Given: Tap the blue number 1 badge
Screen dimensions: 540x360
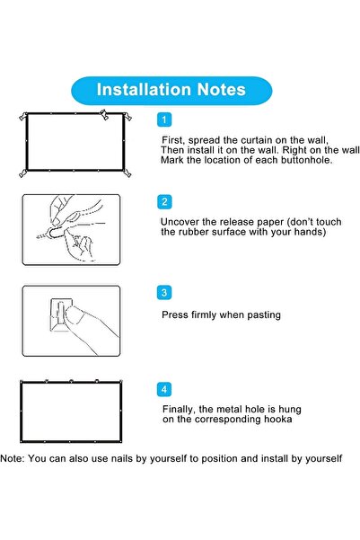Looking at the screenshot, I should click(163, 120).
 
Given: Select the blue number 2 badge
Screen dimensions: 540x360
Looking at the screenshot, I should click(163, 201).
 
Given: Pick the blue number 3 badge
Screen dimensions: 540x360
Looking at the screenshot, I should click(163, 292).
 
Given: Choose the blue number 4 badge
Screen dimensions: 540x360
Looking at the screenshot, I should click(163, 389).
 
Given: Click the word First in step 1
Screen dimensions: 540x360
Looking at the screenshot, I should click(173, 141).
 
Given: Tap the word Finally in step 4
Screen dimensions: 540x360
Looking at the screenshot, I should click(180, 409).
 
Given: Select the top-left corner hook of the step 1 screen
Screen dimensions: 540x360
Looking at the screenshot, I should click(23, 115).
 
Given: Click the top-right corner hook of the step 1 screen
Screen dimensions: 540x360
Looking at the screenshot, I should click(127, 115).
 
